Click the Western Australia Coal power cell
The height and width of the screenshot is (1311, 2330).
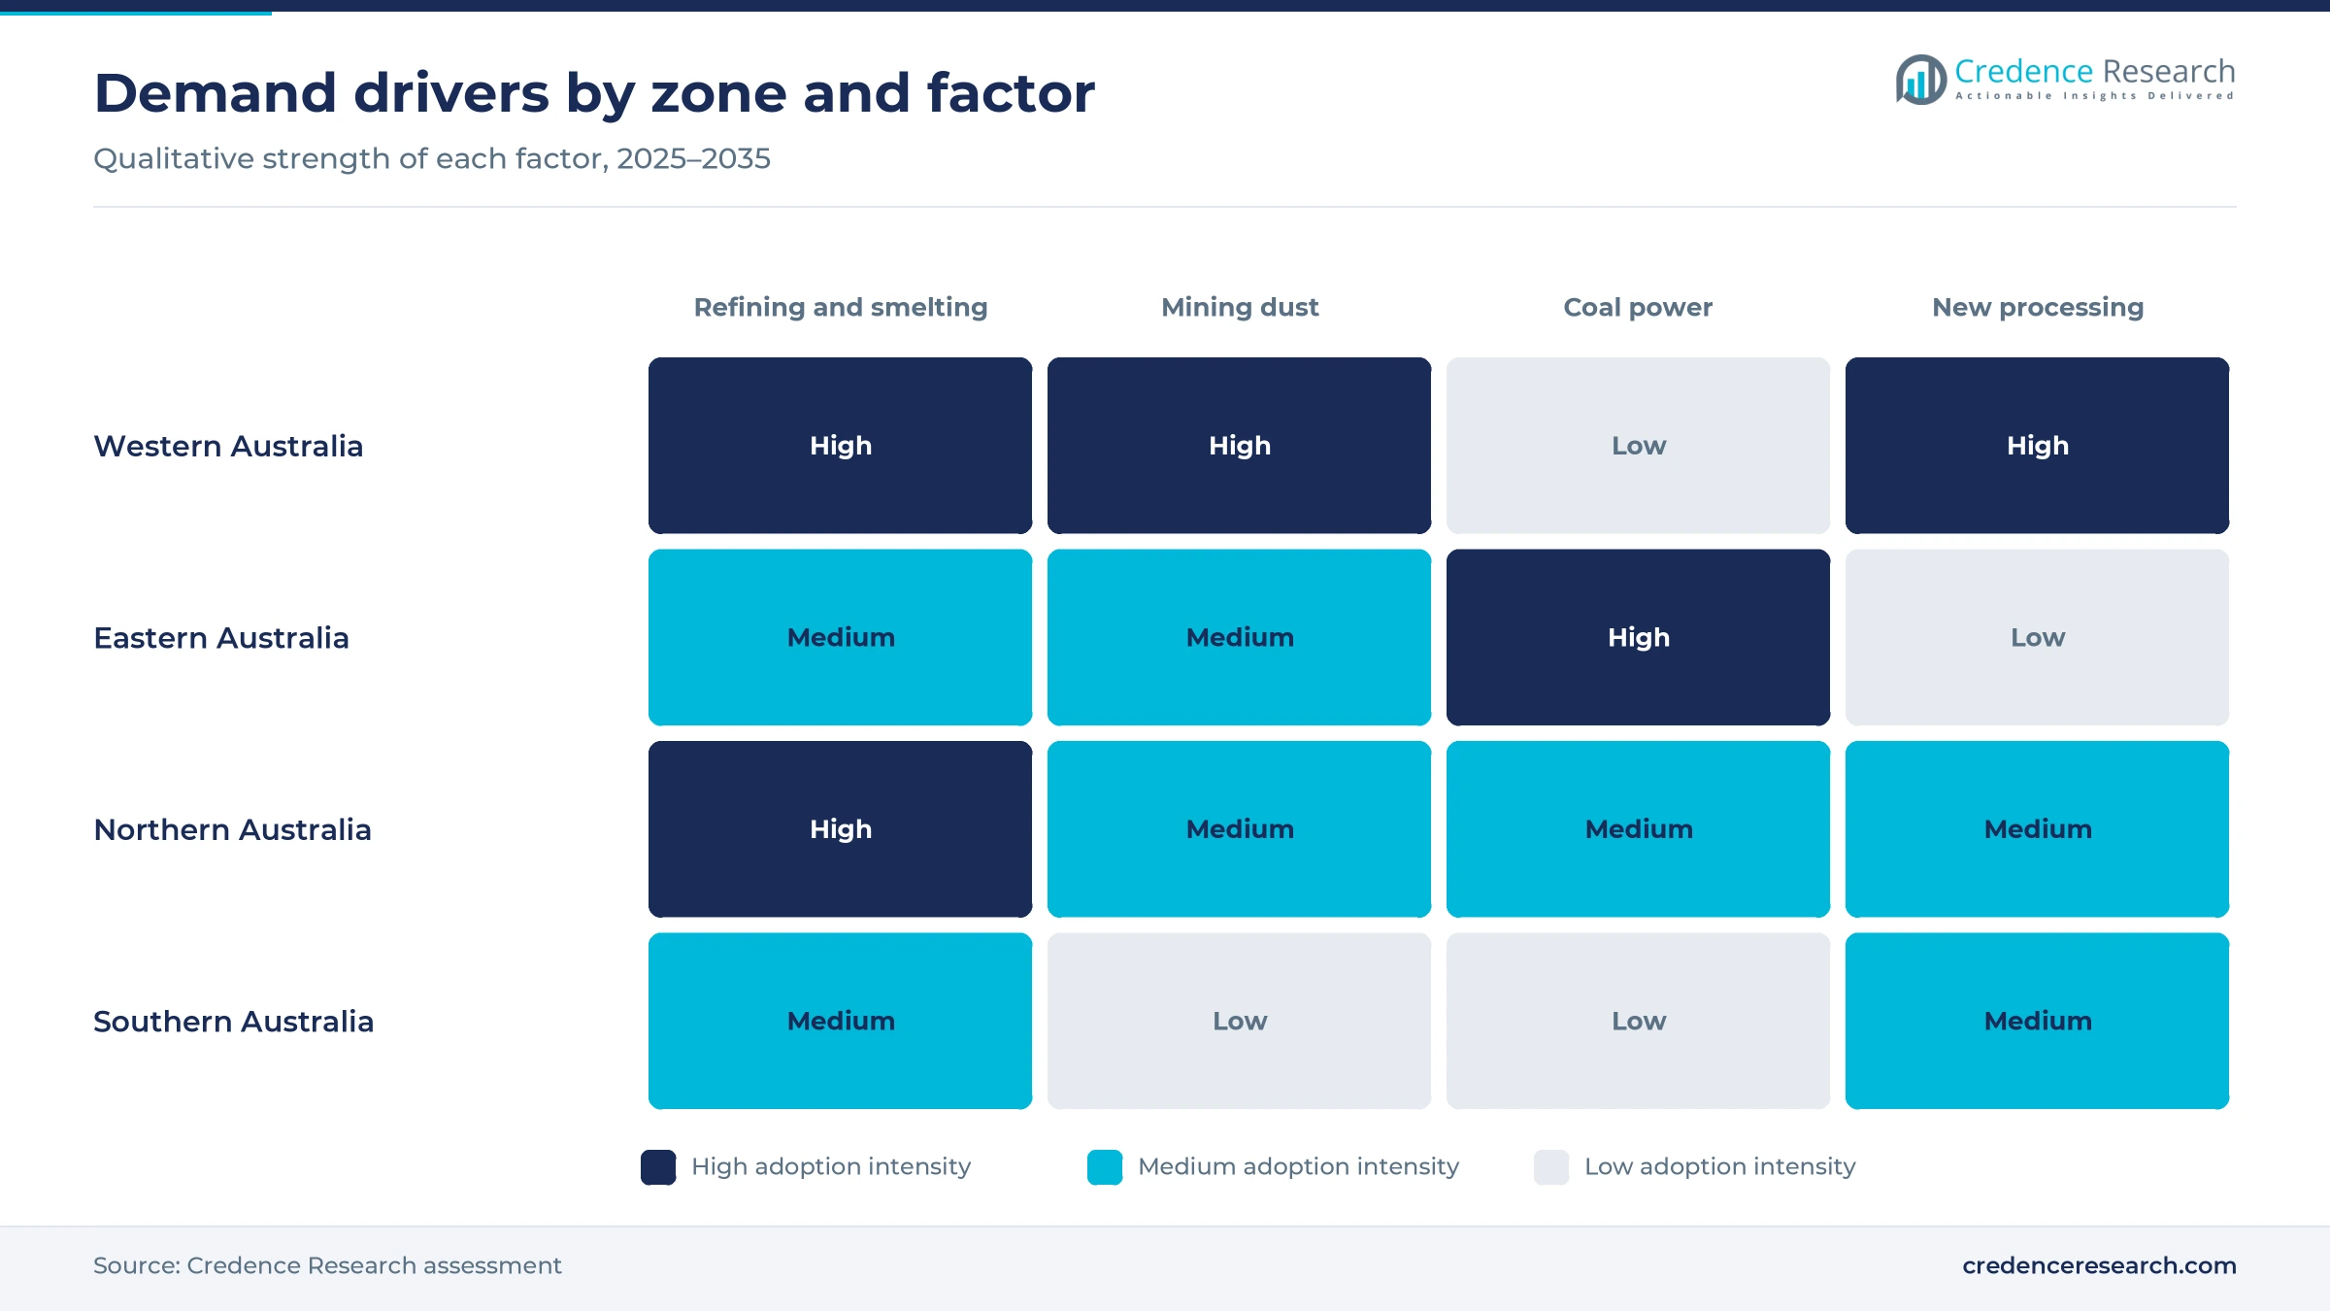tap(1638, 446)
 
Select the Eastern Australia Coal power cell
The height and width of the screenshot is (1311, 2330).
tap(1638, 637)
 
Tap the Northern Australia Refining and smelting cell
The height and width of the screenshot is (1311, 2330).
tap(840, 829)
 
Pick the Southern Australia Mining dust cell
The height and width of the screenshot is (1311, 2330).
tap(1239, 1021)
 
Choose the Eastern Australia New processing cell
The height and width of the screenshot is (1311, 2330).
tap(2037, 637)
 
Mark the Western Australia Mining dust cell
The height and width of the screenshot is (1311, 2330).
tap(1239, 446)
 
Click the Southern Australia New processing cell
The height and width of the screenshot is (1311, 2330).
tap(2037, 1021)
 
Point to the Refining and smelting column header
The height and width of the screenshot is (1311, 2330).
tap(841, 307)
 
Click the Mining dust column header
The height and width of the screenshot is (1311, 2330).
tap(1240, 307)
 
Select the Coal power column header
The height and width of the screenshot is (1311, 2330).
tap(1638, 307)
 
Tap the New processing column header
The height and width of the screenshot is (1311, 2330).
tap(2038, 307)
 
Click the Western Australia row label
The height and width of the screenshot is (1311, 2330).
tap(228, 446)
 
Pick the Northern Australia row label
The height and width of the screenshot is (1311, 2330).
tap(232, 829)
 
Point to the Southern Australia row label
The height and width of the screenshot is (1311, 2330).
tap(233, 1021)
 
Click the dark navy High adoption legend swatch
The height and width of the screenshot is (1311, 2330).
tap(658, 1167)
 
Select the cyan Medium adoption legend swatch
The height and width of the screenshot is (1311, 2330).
tap(1105, 1167)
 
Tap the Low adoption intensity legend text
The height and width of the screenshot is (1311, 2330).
tap(1719, 1166)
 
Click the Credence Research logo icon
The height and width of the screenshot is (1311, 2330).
tap(1920, 80)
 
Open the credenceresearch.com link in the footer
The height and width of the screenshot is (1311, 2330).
tap(2099, 1265)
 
